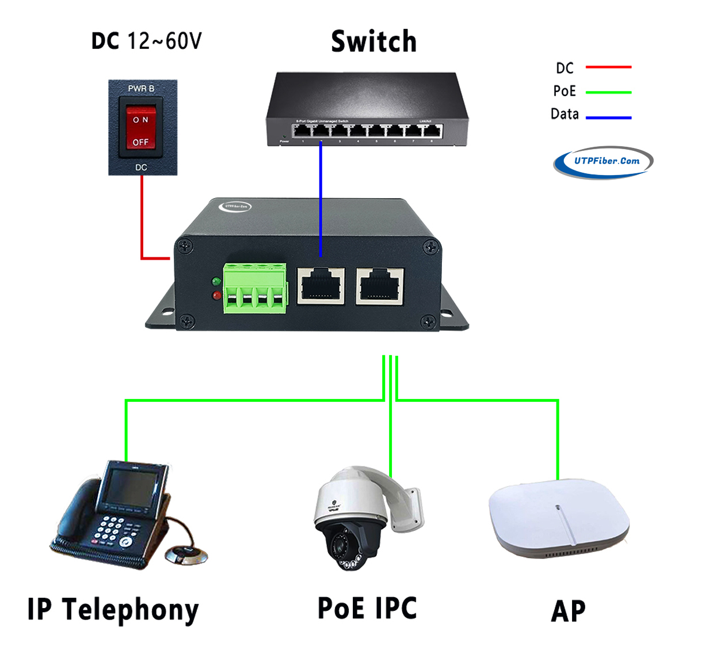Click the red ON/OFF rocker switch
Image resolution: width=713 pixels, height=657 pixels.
(x=141, y=131)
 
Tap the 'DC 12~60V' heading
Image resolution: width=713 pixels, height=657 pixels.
(x=147, y=41)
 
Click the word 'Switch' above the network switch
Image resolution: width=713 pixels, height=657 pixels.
(x=373, y=41)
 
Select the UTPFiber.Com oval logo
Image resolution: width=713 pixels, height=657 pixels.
(x=603, y=162)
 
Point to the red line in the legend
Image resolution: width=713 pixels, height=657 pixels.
(x=608, y=67)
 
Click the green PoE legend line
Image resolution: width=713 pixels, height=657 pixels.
(x=608, y=92)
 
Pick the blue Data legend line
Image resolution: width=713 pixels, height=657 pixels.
(x=608, y=117)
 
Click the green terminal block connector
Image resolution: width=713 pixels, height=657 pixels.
(x=256, y=288)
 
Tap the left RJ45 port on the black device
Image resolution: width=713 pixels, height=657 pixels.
(x=321, y=285)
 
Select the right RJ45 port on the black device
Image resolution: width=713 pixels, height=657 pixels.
(x=380, y=285)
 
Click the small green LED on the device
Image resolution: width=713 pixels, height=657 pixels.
(x=216, y=282)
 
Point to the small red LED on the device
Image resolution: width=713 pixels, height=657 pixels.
(x=216, y=295)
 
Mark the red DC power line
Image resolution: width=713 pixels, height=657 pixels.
(x=142, y=219)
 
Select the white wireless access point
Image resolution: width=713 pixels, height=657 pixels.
(x=558, y=518)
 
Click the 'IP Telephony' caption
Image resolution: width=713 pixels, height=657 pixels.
(x=113, y=610)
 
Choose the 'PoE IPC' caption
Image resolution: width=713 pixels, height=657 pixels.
(x=367, y=609)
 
